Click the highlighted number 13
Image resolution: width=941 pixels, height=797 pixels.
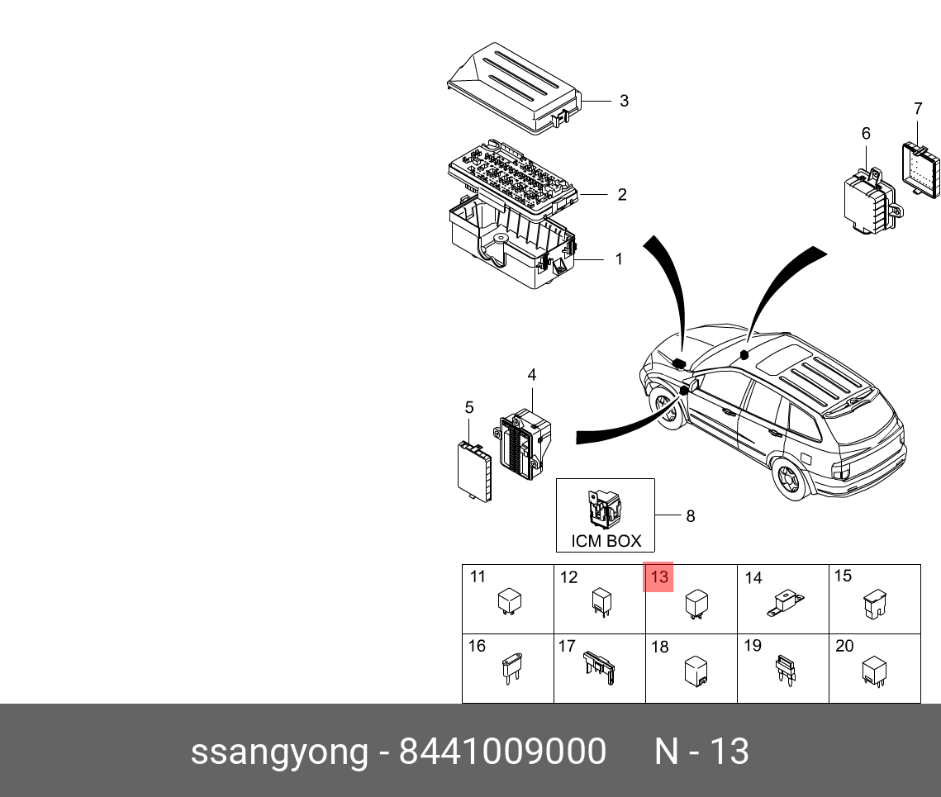[658, 577]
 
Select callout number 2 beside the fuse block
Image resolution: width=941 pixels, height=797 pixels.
[622, 195]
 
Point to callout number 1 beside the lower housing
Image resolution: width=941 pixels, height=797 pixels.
[619, 259]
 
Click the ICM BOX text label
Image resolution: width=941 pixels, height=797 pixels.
[606, 542]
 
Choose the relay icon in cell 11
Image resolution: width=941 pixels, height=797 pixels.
[509, 601]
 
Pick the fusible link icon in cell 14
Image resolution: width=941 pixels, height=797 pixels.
[785, 602]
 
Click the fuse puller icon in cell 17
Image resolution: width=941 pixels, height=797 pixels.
[601, 666]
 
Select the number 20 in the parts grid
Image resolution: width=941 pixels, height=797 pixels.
[844, 646]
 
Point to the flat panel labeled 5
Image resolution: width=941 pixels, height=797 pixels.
[474, 471]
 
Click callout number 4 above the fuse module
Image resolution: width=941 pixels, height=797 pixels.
[532, 375]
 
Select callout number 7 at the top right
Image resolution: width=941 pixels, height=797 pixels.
[918, 108]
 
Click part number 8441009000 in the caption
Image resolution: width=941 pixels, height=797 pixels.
[502, 752]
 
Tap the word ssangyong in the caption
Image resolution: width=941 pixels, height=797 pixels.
[279, 752]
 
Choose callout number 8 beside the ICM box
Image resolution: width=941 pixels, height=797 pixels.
[691, 516]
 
